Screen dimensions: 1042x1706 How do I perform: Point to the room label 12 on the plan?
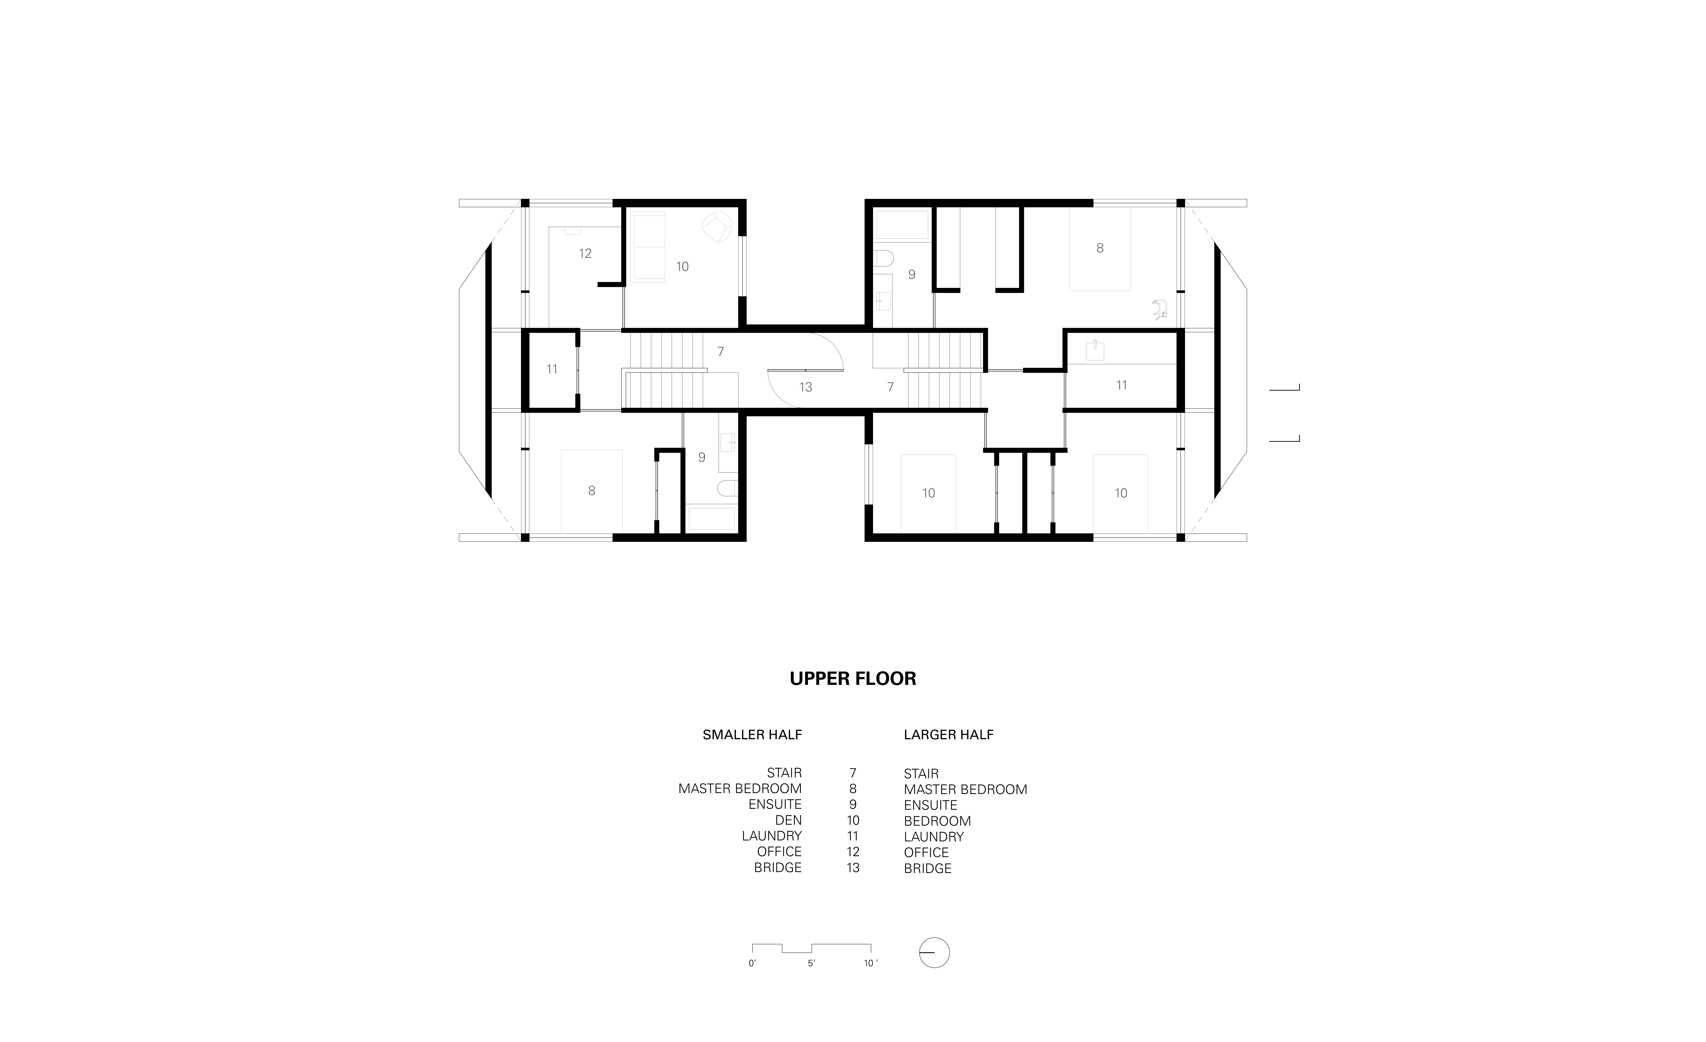point(585,254)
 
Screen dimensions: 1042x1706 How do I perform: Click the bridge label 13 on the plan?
point(805,387)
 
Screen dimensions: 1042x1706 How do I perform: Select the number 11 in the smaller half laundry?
point(552,369)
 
